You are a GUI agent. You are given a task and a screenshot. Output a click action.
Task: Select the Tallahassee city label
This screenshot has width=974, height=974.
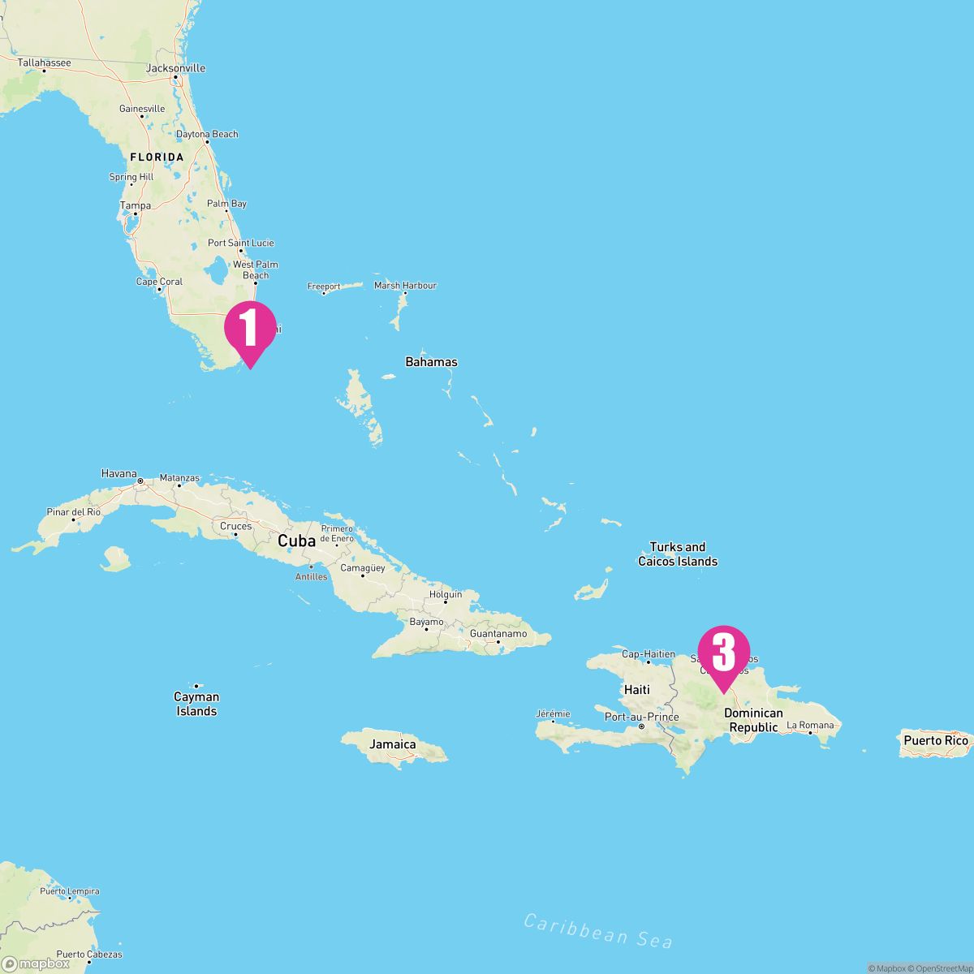click(x=45, y=62)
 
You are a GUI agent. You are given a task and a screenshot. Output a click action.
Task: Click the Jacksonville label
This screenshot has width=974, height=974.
click(x=175, y=68)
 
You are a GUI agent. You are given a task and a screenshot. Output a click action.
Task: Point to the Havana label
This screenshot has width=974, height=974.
click(x=119, y=473)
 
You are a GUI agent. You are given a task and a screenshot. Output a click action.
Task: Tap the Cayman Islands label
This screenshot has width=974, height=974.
click(x=196, y=704)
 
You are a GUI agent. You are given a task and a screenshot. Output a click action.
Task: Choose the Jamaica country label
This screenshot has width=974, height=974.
click(x=393, y=744)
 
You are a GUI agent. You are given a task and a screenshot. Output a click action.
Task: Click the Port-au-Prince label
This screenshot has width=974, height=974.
click(x=641, y=717)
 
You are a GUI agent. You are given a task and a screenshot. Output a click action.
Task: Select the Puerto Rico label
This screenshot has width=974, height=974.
click(x=936, y=740)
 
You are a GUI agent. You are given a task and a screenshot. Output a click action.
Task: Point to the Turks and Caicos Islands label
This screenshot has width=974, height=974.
click(x=678, y=554)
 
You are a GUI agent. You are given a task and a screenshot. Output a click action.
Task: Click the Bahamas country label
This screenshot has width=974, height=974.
click(x=431, y=362)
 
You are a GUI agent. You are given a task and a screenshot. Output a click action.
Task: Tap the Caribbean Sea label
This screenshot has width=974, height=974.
click(x=598, y=930)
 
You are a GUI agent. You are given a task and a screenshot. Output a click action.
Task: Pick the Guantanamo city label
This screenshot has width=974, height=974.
click(x=498, y=634)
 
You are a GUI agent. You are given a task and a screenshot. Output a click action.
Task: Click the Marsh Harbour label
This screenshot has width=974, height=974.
click(x=405, y=286)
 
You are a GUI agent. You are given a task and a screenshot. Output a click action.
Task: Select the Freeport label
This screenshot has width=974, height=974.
click(x=324, y=287)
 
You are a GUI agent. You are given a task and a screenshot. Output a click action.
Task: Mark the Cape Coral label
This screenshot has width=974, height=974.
click(x=159, y=282)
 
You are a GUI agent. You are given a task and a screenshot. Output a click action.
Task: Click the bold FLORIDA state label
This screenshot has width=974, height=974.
click(x=157, y=157)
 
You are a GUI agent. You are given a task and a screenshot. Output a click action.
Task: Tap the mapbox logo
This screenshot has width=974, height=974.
click(x=36, y=963)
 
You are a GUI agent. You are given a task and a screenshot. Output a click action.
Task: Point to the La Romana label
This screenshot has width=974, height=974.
click(x=810, y=725)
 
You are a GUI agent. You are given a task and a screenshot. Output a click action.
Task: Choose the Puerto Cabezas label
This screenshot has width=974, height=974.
click(x=89, y=955)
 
